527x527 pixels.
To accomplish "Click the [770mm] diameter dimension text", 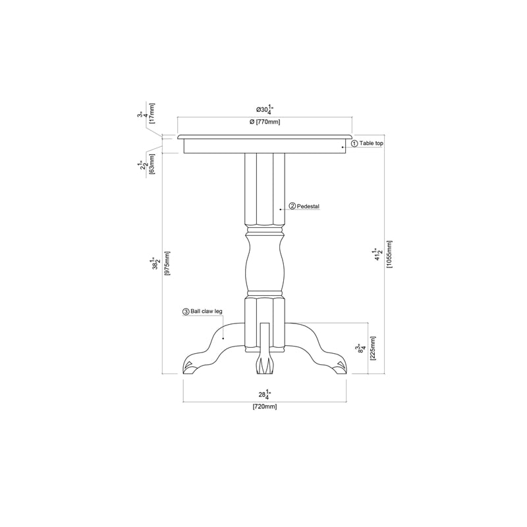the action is (x=265, y=122).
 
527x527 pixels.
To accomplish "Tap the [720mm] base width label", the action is (x=265, y=406).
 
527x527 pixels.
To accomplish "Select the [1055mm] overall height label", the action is (x=389, y=254).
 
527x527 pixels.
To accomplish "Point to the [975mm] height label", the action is (x=167, y=263).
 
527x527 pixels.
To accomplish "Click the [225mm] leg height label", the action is (x=373, y=348).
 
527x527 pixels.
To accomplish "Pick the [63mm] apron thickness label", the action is (x=152, y=163).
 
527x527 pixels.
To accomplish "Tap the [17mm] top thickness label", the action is (x=152, y=113).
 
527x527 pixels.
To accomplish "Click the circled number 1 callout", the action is (x=354, y=144).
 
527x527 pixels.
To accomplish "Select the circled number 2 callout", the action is (x=292, y=206).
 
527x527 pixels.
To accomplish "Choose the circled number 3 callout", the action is (x=186, y=312).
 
